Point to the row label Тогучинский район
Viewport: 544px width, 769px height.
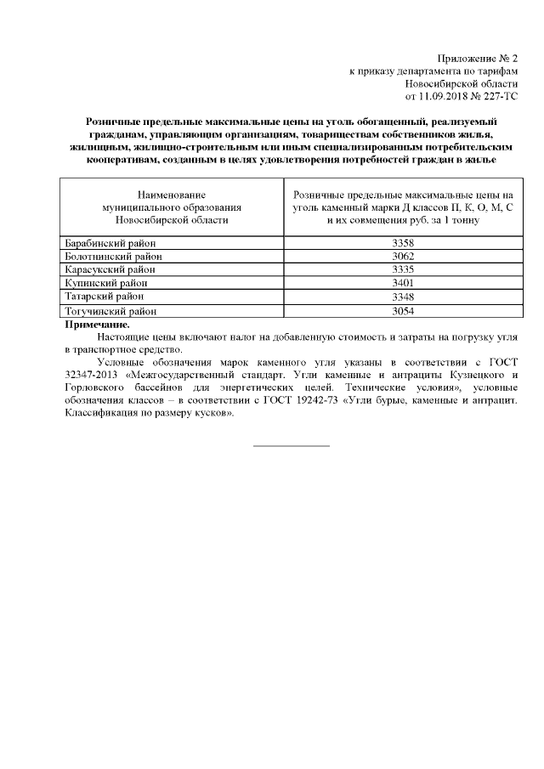[x=110, y=310]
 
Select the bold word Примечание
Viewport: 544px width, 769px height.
[x=98, y=324]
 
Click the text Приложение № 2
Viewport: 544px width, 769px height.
[x=479, y=58]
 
